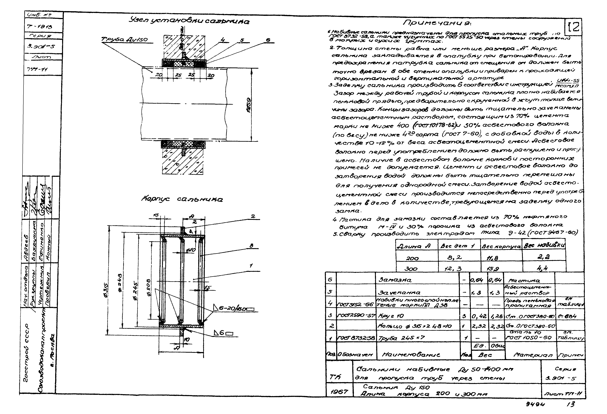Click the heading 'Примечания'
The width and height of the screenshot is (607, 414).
(x=437, y=23)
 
